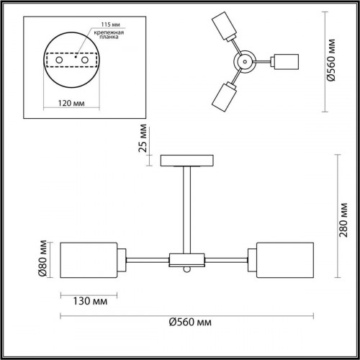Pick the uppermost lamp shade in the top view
pos(226,27)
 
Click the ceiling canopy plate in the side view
pos(186,160)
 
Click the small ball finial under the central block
pos(186,270)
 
